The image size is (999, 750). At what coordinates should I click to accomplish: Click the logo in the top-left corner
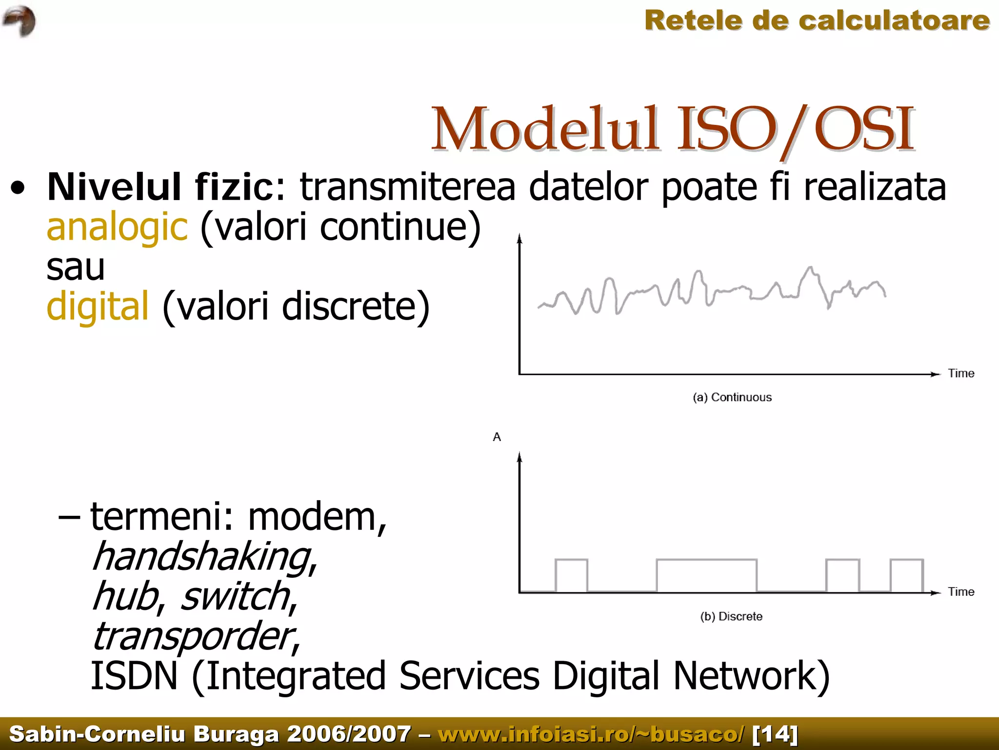click(x=20, y=21)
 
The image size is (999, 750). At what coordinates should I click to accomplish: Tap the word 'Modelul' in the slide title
click(x=544, y=129)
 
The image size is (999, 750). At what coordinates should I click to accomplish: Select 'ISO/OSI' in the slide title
click(x=795, y=129)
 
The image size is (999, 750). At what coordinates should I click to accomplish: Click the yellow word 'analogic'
click(x=117, y=227)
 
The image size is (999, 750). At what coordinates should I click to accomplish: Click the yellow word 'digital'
click(x=98, y=306)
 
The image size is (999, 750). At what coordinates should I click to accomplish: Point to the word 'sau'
click(x=76, y=267)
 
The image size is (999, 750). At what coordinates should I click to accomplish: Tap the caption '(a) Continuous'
click(x=732, y=397)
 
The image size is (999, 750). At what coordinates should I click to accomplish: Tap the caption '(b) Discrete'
click(x=731, y=616)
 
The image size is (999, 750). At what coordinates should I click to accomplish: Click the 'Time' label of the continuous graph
click(x=961, y=373)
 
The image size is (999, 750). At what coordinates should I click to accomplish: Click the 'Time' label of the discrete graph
click(x=961, y=592)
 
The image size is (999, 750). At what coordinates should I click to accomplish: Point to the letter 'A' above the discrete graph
click(x=497, y=437)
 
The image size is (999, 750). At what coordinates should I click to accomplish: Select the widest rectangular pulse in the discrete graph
click(x=706, y=576)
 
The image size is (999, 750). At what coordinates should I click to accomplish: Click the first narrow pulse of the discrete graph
click(x=571, y=576)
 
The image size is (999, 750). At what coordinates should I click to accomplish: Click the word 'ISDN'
click(x=135, y=676)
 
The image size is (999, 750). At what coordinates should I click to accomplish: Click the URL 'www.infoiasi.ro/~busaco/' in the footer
click(x=591, y=734)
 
